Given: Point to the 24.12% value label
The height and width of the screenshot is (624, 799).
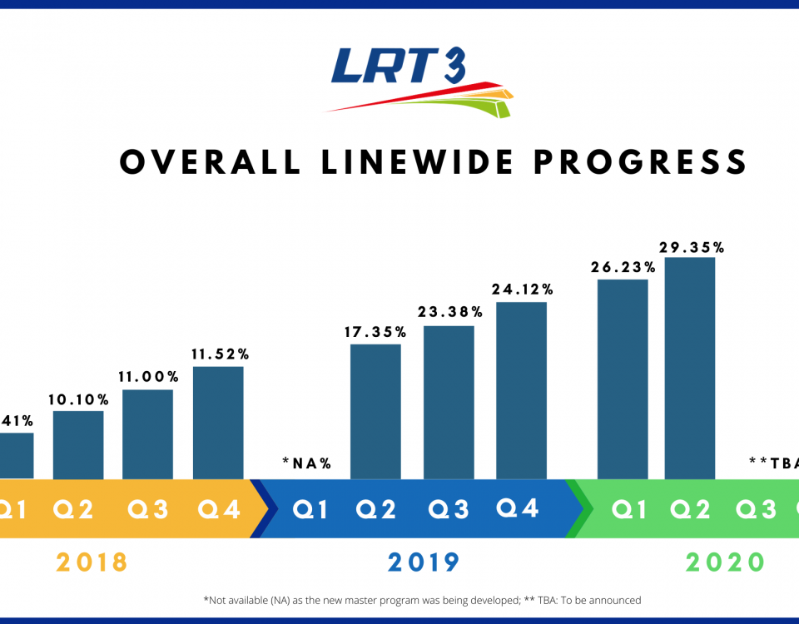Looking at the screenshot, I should click(x=523, y=290).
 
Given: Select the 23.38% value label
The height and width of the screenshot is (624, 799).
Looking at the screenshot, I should click(x=450, y=313).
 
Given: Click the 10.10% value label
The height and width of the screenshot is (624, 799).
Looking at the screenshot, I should click(x=79, y=399).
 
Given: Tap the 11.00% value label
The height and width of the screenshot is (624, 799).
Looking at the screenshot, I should click(x=148, y=377).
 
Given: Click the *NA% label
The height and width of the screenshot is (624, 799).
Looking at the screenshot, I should click(x=307, y=463).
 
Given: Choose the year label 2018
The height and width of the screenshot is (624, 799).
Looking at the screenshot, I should click(x=92, y=563).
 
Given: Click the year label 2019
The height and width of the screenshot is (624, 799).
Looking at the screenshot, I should click(x=424, y=563).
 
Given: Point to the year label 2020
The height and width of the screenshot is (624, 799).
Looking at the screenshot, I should click(x=725, y=563).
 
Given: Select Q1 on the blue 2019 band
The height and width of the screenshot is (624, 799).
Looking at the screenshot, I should click(x=310, y=509).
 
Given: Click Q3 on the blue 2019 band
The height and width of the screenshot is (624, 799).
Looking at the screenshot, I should click(x=449, y=509).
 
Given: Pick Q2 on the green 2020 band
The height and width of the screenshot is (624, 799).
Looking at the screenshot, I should click(x=690, y=509).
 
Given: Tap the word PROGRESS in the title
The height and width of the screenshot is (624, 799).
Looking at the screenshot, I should click(x=640, y=162).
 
